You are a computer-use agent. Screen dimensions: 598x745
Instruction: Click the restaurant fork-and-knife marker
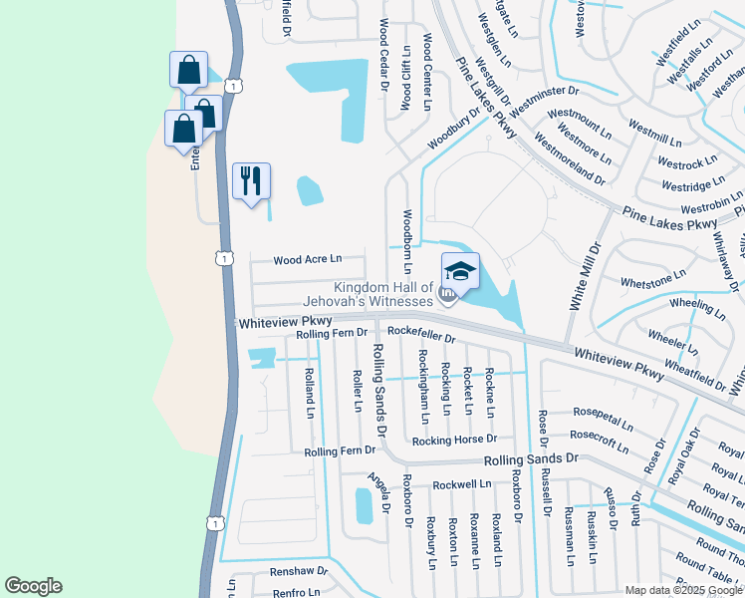pyautogui.click(x=251, y=181)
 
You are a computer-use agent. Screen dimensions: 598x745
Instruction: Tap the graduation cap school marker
pyautogui.click(x=460, y=271)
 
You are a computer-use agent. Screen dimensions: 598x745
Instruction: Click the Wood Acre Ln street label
pyautogui.click(x=307, y=260)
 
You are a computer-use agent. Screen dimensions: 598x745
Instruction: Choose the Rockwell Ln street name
pyautogui.click(x=462, y=484)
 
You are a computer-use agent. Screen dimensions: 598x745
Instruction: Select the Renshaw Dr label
pyautogui.click(x=298, y=571)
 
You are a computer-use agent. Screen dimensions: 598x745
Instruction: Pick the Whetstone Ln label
pyautogui.click(x=652, y=278)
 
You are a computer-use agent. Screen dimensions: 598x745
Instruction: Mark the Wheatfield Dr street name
pyautogui.click(x=694, y=372)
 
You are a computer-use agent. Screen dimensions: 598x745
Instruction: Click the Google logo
pyautogui.click(x=33, y=586)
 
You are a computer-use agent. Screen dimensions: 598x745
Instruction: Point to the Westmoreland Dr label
pyautogui.click(x=570, y=158)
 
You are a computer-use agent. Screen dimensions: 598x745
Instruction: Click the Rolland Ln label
pyautogui.click(x=310, y=392)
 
